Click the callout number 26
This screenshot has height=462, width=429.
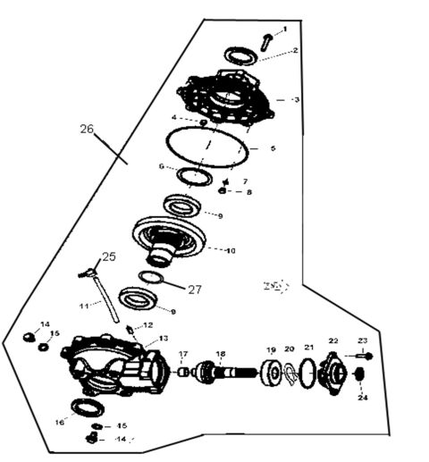86,129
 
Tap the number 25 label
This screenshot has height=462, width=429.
108,256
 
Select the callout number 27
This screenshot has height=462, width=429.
195,289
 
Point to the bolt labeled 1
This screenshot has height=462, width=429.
266,39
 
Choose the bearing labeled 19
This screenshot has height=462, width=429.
270,374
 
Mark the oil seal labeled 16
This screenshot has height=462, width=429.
87,408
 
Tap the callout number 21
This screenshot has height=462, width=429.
309,348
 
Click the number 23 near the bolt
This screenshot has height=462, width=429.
362,340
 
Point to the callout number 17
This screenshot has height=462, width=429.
183,354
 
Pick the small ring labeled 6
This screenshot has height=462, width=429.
190,176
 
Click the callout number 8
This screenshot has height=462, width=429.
249,192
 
